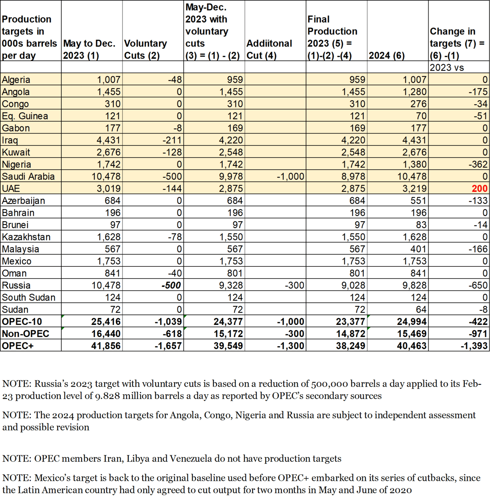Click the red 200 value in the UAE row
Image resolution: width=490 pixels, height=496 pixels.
479,189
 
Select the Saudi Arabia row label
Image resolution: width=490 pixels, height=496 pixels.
28,176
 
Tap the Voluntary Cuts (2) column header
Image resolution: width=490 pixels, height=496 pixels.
146,49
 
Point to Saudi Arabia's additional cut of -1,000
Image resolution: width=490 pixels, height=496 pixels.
291,176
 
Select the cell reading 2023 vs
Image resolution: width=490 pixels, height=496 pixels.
447,68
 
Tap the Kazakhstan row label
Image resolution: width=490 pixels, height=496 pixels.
26,237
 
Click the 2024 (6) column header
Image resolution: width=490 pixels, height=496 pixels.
386,55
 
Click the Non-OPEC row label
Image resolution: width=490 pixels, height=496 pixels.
25,334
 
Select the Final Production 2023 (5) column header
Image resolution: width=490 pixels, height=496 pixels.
332,37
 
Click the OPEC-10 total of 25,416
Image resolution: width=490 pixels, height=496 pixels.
106,322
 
